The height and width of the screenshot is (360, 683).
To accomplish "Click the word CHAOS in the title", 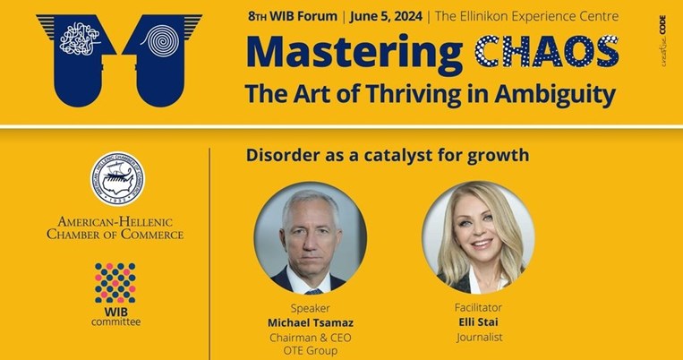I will pyautogui.click(x=546, y=53).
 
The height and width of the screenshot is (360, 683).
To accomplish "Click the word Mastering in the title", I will pyautogui.click(x=354, y=53).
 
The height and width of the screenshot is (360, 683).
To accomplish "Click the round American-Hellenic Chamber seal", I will pyautogui.click(x=116, y=179).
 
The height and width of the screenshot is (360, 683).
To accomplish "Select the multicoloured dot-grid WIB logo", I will pyautogui.click(x=115, y=283).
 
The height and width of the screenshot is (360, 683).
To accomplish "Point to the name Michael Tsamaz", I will pyautogui.click(x=311, y=321).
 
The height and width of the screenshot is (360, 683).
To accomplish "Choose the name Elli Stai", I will pyautogui.click(x=477, y=321).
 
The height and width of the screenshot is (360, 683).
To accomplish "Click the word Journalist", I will pyautogui.click(x=477, y=337).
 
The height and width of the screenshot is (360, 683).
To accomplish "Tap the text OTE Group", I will pyautogui.click(x=310, y=350).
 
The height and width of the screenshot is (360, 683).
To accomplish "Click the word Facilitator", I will pyautogui.click(x=477, y=306).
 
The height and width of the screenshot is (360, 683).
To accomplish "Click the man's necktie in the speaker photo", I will pyautogui.click(x=312, y=288).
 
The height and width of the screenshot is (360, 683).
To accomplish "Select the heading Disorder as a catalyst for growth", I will pyautogui.click(x=387, y=155).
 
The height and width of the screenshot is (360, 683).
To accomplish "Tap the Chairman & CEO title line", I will pyautogui.click(x=310, y=337).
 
